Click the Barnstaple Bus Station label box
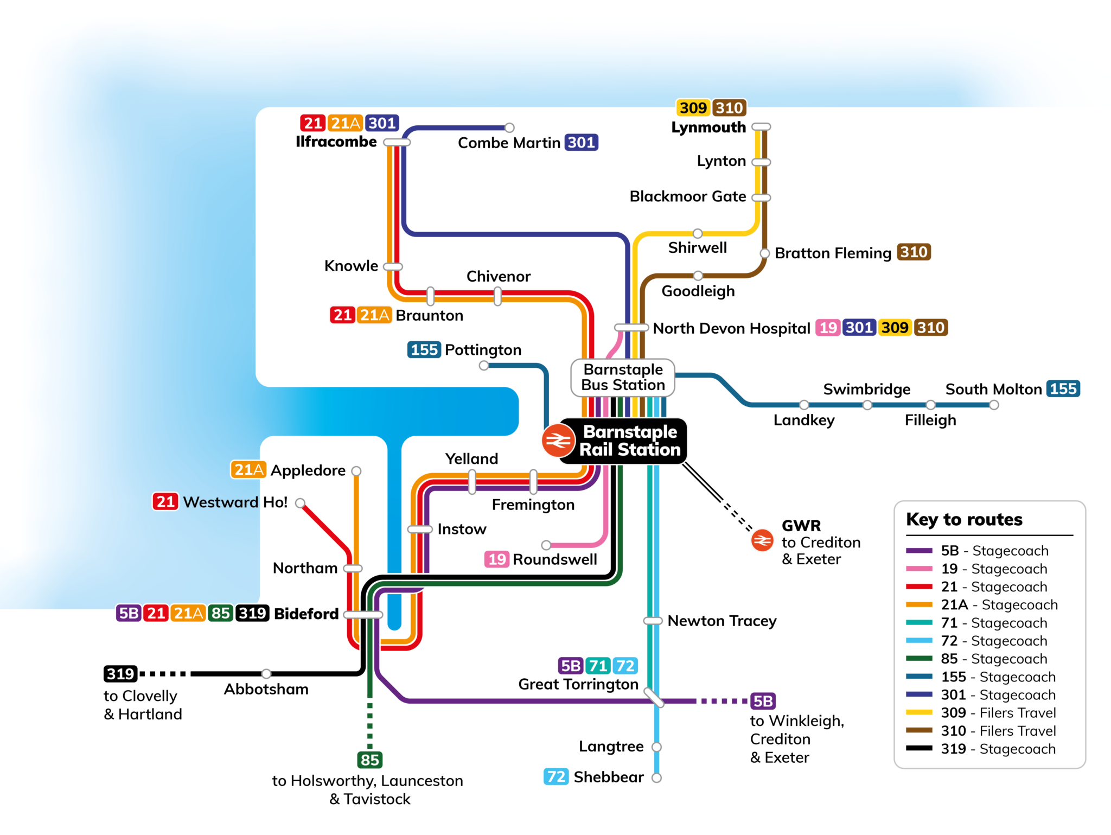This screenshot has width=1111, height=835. [x=623, y=377]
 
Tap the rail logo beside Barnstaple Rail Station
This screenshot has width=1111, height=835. [x=558, y=440]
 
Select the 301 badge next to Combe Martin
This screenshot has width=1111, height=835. [x=581, y=142]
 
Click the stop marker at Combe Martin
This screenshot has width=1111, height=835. [x=509, y=128]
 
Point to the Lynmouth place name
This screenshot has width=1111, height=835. [x=708, y=128]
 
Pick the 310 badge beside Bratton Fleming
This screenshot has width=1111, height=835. [x=914, y=252]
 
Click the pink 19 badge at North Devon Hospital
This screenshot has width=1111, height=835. [x=828, y=328]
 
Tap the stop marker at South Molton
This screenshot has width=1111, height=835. [x=994, y=405]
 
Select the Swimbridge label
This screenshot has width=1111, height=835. [x=866, y=389]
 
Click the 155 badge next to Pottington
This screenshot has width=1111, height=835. [x=424, y=350]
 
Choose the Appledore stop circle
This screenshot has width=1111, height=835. [x=356, y=470]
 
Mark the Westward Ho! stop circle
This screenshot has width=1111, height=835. [x=300, y=503]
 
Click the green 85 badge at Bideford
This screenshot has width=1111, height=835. [x=220, y=614]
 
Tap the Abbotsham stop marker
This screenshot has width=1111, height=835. [x=266, y=674]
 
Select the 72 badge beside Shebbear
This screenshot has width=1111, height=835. [x=556, y=777]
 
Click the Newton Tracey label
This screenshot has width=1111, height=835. [x=721, y=621]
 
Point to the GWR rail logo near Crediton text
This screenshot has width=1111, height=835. [x=762, y=540]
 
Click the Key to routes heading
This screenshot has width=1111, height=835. [x=964, y=519]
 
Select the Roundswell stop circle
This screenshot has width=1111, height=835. [x=546, y=545]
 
